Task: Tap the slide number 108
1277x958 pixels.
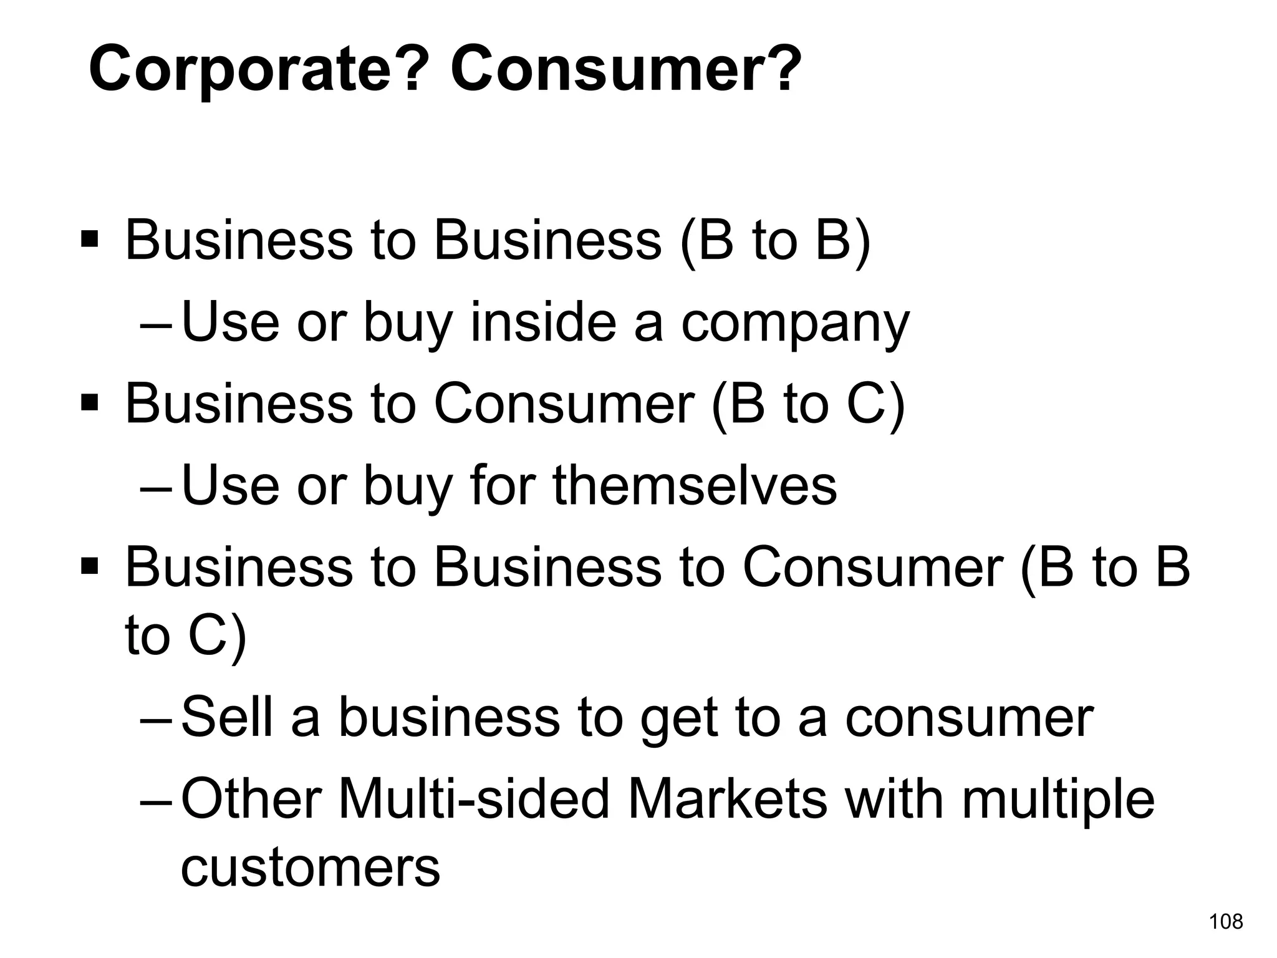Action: [x=1226, y=921]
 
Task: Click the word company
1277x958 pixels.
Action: [x=795, y=324]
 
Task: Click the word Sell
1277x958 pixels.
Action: [x=227, y=717]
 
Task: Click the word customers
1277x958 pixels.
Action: [x=310, y=868]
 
